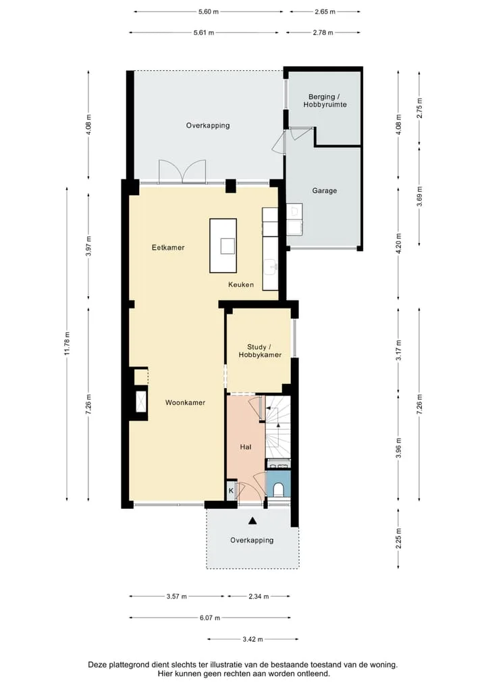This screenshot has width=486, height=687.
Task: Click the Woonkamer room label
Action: click(x=185, y=403)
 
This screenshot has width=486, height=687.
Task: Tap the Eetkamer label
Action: click(x=168, y=248)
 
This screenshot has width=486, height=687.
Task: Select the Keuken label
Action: click(x=240, y=285)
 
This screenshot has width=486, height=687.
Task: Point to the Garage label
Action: click(x=324, y=191)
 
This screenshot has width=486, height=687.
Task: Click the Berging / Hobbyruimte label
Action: click(x=325, y=101)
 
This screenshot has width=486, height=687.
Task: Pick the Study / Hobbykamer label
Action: click(x=260, y=351)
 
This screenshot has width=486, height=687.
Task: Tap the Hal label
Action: click(x=246, y=447)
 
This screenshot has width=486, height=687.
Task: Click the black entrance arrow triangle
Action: click(x=252, y=521)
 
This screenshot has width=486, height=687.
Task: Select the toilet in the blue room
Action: click(x=278, y=489)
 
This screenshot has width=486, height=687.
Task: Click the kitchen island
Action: click(x=223, y=246)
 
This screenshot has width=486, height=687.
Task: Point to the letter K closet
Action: click(x=231, y=491)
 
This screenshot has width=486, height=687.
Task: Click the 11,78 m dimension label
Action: click(x=67, y=344)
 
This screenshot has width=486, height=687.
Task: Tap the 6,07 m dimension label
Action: click(x=210, y=617)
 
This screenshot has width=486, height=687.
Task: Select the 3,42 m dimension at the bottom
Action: click(x=253, y=639)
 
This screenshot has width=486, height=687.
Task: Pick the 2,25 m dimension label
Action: click(x=398, y=539)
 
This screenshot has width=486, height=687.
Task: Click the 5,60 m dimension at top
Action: click(x=208, y=12)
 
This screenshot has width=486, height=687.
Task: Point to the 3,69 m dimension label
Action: click(x=419, y=196)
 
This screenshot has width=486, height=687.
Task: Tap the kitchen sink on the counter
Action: click(x=271, y=267)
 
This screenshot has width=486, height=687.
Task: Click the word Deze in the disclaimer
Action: click(x=97, y=665)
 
